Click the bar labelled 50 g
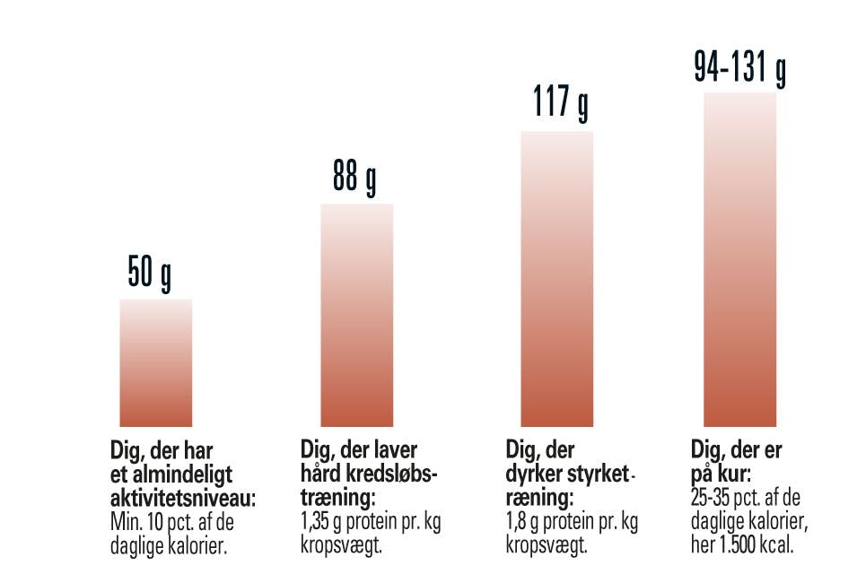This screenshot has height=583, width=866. click(x=155, y=362)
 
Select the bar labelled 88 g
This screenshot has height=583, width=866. click(x=356, y=315)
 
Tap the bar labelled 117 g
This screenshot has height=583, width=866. click(x=557, y=278)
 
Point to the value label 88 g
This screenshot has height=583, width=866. click(x=354, y=178)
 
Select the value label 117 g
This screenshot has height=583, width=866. click(x=557, y=102)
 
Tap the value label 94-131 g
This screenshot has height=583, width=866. click(x=739, y=66)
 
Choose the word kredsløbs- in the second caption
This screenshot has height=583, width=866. click(x=395, y=473)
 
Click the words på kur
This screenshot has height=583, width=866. click(x=722, y=473)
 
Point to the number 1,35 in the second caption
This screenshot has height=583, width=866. click(x=316, y=522)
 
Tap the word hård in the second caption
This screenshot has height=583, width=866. click(x=317, y=473)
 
